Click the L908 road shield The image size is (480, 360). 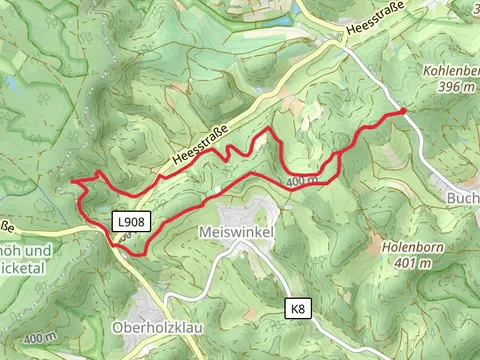pos(130,222)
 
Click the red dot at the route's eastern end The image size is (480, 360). pos(403,112)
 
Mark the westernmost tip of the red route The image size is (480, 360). pos(74,182)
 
